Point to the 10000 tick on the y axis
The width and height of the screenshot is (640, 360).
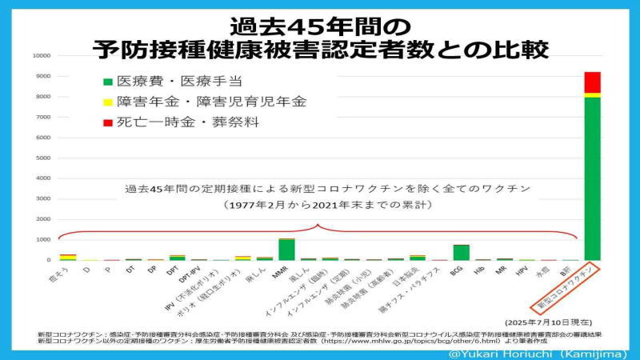[42, 56]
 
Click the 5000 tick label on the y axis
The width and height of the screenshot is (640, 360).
[43, 158]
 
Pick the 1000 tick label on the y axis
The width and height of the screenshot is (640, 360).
[43, 240]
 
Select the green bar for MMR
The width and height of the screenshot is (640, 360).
[286, 250]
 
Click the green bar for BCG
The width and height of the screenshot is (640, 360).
[460, 253]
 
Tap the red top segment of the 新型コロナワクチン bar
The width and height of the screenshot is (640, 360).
[592, 82]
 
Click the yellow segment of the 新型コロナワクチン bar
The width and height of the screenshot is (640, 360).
[592, 95]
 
